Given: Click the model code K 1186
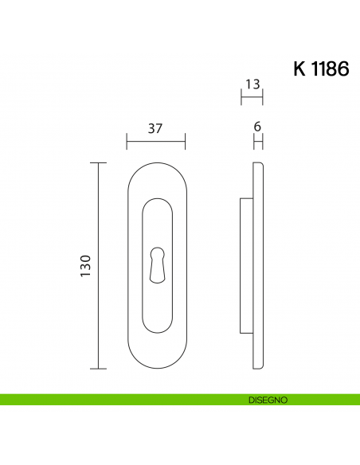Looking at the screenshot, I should pyautogui.click(x=321, y=68).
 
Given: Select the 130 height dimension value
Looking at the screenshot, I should pyautogui.click(x=86, y=265).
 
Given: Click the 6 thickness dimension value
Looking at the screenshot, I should pyautogui.click(x=257, y=127).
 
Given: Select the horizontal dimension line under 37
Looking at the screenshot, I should pyautogui.click(x=156, y=142).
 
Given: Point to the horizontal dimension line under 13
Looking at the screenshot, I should pyautogui.click(x=252, y=98).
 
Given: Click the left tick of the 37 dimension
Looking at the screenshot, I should pyautogui.click(x=127, y=142).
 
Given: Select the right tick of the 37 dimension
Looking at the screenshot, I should pyautogui.click(x=185, y=142).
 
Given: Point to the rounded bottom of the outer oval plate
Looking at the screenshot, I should pyautogui.click(x=156, y=369).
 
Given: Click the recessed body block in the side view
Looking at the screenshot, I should pyautogui.click(x=246, y=266).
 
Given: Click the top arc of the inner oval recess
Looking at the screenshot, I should pyautogui.click(x=156, y=199).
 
